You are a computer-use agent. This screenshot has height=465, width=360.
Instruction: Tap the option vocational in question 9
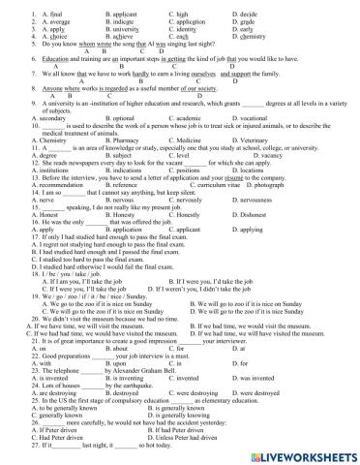click(x=261, y=118)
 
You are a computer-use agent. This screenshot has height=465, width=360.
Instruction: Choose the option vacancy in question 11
click(x=255, y=155)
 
